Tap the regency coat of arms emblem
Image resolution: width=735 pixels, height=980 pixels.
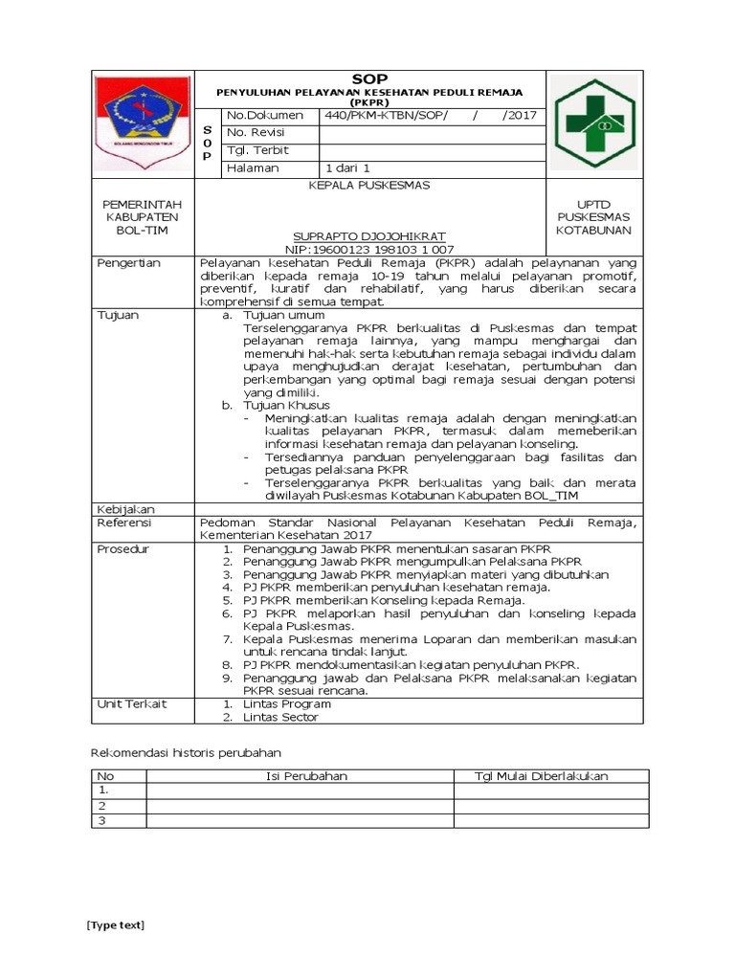point(143,123)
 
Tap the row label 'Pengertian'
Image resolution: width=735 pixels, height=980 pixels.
point(129,262)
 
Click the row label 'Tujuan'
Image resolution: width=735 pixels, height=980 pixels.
point(119,314)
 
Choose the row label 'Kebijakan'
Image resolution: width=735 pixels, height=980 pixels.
point(126,509)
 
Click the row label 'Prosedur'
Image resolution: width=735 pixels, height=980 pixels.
point(124,549)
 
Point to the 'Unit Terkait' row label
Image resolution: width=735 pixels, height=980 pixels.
point(132,703)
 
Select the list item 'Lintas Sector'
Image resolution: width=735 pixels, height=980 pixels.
point(280,717)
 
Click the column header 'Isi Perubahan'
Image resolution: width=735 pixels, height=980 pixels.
point(306,776)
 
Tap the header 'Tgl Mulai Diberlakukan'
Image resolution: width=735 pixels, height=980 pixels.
point(542,776)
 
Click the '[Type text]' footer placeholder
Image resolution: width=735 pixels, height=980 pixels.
point(115,924)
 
